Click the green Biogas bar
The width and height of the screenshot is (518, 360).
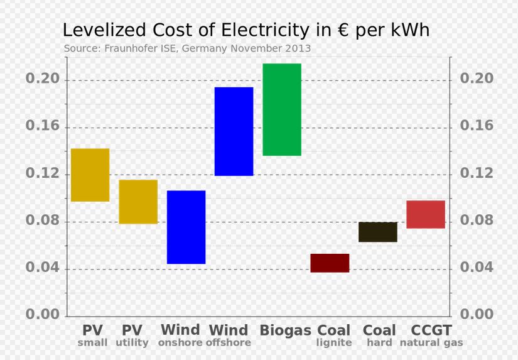[x=282, y=109]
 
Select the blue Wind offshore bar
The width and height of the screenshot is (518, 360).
[x=234, y=131]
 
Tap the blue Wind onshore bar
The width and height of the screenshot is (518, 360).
[x=186, y=227]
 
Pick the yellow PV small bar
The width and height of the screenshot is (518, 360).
[x=90, y=175]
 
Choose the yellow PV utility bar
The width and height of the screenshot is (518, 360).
[x=138, y=202]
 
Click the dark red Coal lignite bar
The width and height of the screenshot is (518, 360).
[x=330, y=263]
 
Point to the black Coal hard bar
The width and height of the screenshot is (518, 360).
[x=378, y=232]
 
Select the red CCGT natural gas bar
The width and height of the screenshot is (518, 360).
[x=426, y=214]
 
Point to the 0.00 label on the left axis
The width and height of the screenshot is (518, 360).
[x=42, y=315]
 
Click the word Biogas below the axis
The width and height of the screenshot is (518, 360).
[x=285, y=330]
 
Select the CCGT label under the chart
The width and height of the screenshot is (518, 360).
[x=431, y=330]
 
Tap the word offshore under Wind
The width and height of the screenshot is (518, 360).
[x=229, y=343]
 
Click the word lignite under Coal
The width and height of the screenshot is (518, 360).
[x=334, y=343]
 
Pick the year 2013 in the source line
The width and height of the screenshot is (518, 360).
[x=298, y=48]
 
